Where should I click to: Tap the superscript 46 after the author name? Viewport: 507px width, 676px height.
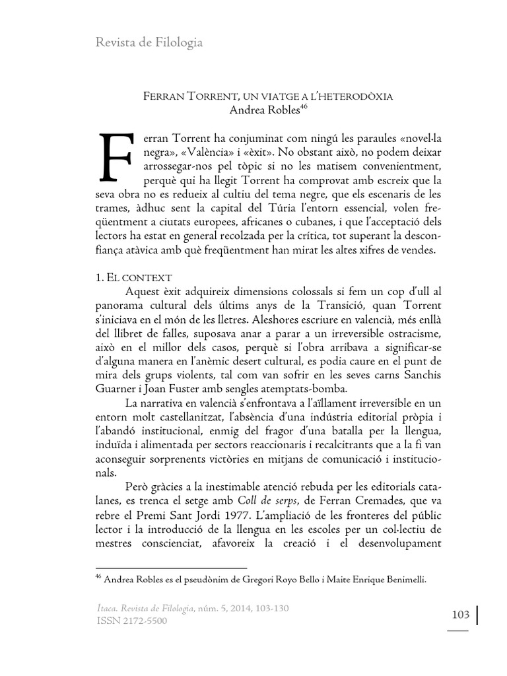[x=304, y=106]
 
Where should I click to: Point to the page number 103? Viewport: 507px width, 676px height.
[x=460, y=615]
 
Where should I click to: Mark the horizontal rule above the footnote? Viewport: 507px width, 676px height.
[x=171, y=567]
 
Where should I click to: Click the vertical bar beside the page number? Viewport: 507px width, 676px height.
[x=477, y=615]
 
